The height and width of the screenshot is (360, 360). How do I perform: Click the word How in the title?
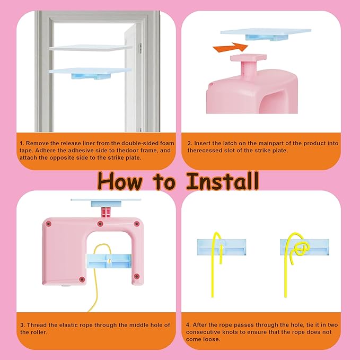click(119, 181)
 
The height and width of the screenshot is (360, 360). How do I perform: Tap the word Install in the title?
click(223, 181)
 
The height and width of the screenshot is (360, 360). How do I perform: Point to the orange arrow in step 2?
click(230, 47)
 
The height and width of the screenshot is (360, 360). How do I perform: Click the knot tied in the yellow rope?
click(301, 249)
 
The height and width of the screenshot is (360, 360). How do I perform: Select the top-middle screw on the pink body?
click(100, 224)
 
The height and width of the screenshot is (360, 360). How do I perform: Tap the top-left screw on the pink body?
click(48, 224)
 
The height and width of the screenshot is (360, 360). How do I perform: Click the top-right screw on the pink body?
click(137, 224)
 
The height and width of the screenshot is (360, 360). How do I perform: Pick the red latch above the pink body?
click(106, 212)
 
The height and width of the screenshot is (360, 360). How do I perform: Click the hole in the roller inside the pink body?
click(109, 261)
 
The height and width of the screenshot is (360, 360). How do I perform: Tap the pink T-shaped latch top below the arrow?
click(249, 57)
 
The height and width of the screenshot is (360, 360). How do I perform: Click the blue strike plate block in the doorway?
click(91, 76)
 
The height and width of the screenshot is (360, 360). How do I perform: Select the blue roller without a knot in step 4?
click(222, 247)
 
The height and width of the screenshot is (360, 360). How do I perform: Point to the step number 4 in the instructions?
click(188, 325)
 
